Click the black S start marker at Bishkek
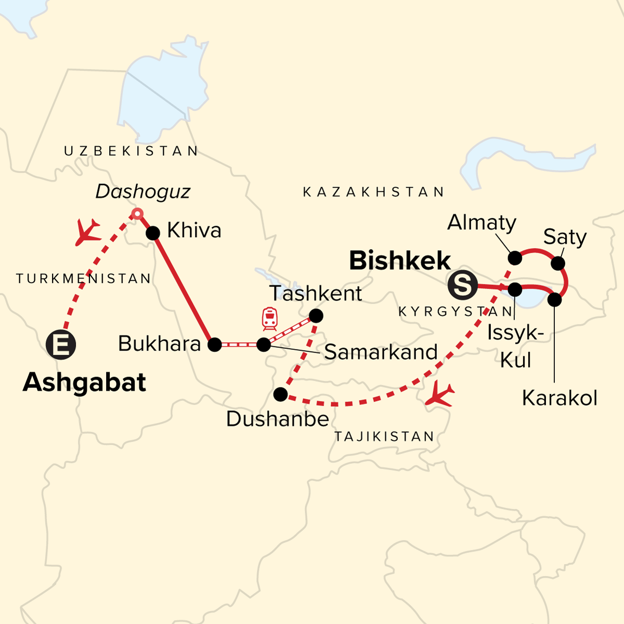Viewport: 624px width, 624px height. click(462, 285)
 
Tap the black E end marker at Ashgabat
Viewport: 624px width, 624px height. click(61, 345)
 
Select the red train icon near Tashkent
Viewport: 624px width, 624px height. click(269, 318)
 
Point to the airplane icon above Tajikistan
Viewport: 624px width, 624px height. click(439, 395)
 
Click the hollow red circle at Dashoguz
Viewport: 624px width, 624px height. click(137, 213)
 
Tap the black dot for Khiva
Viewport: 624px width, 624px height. click(153, 233)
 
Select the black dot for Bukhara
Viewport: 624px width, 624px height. click(215, 344)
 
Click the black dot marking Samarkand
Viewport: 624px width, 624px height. click(264, 344)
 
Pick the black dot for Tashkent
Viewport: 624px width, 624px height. click(316, 316)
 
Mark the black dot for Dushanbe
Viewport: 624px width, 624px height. click(280, 395)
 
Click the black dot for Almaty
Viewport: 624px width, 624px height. click(514, 258)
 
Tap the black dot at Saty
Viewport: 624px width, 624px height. click(557, 263)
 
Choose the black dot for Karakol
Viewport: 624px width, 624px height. click(555, 300)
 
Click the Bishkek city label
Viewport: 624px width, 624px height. click(400, 261)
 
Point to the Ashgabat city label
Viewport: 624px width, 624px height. click(84, 383)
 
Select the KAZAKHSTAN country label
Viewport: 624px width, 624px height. click(373, 192)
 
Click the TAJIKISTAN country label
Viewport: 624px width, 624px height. click(384, 436)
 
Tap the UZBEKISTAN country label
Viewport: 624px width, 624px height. click(131, 151)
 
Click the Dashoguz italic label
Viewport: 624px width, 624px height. click(143, 192)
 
